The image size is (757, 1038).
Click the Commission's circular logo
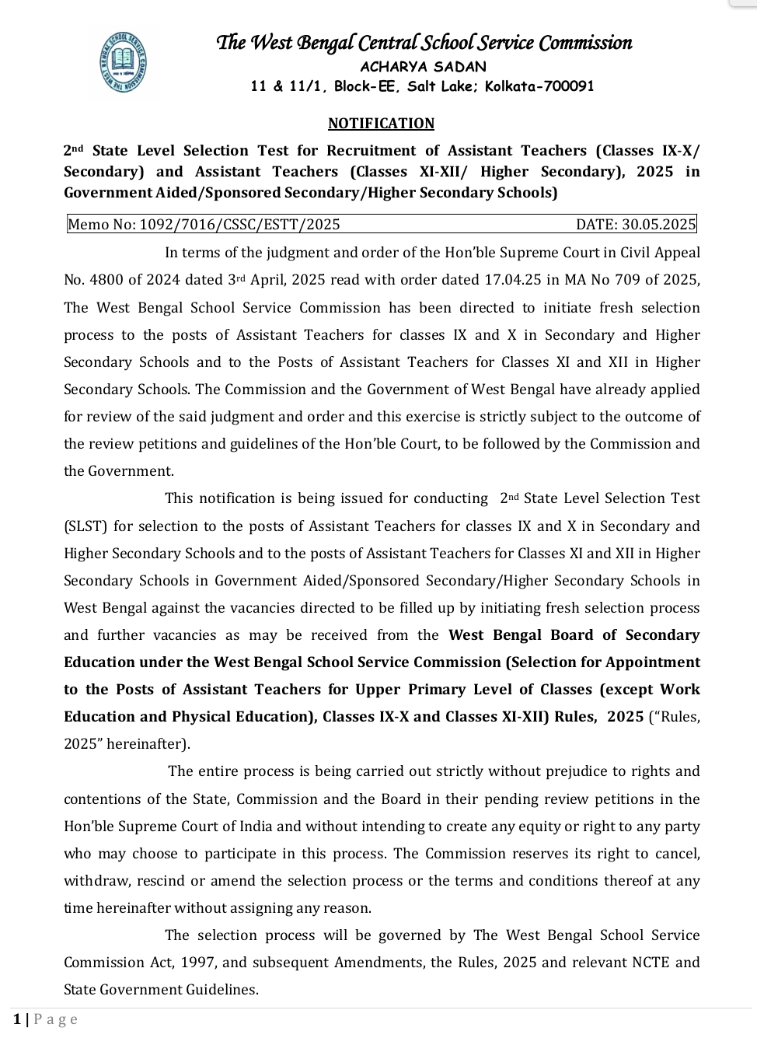tap(124, 61)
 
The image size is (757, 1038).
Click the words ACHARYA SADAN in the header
tap(424, 67)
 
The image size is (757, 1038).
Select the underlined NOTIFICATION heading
tap(381, 124)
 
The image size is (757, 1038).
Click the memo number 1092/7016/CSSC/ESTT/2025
tap(239, 225)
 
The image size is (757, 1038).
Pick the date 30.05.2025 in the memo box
tap(658, 225)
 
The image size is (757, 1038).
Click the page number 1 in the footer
tap(17, 1019)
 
